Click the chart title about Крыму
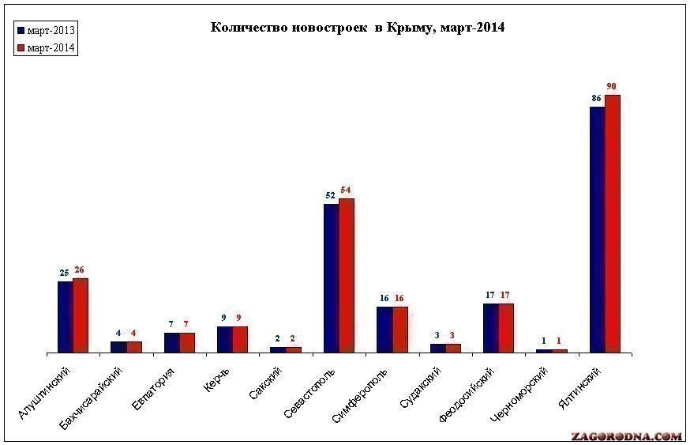pyautogui.click(x=357, y=28)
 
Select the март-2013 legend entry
pyautogui.click(x=45, y=31)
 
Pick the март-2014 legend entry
pyautogui.click(x=45, y=48)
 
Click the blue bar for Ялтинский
pyautogui.click(x=597, y=229)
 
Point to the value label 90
pyautogui.click(x=612, y=85)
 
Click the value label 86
pyautogui.click(x=597, y=98)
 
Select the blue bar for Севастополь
pyautogui.click(x=332, y=277)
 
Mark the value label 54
pyautogui.click(x=347, y=190)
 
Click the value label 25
pyautogui.click(x=65, y=273)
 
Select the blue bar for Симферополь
pyautogui.click(x=384, y=329)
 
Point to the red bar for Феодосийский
pyautogui.click(x=506, y=327)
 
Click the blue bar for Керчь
pyautogui.click(x=225, y=339)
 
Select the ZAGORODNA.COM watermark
pyautogui.click(x=626, y=436)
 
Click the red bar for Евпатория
pyautogui.click(x=187, y=342)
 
